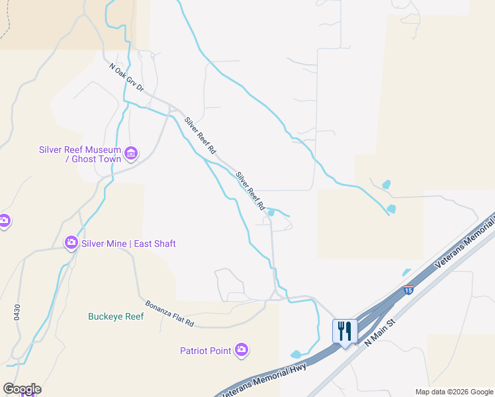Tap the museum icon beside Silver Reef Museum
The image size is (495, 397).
[130, 154]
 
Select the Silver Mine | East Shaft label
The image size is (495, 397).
[128, 243]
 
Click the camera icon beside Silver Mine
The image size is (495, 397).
[71, 243]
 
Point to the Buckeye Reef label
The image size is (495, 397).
[116, 316]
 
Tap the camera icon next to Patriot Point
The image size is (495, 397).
[242, 349]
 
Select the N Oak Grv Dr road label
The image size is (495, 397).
[126, 77]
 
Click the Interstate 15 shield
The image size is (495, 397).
[408, 290]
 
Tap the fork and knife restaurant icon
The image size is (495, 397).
[345, 330]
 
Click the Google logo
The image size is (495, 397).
[22, 389]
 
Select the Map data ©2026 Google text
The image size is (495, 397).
[454, 392]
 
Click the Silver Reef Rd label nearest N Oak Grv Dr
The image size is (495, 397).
[200, 136]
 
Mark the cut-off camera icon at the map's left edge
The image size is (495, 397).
[3, 220]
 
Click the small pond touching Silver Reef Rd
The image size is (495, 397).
[270, 212]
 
